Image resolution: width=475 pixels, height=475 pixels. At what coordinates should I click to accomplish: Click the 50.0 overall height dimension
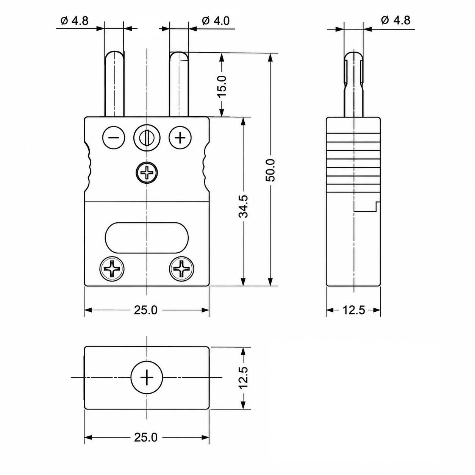click(271, 170)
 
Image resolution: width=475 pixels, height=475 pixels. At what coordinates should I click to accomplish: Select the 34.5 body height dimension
click(243, 206)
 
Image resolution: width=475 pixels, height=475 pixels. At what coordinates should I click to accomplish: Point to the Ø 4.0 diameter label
click(216, 21)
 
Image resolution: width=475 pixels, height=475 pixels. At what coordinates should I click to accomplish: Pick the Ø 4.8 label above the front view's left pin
click(75, 21)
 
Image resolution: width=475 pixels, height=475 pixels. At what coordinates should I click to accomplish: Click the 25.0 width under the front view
click(146, 310)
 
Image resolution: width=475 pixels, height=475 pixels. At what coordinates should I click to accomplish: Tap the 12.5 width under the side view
click(354, 310)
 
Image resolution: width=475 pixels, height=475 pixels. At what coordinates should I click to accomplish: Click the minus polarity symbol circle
click(114, 137)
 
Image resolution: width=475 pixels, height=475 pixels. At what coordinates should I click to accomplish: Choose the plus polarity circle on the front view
click(180, 137)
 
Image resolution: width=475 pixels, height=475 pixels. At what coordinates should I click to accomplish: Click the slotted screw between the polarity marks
click(147, 137)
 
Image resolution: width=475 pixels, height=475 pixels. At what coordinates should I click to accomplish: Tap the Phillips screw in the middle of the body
click(147, 172)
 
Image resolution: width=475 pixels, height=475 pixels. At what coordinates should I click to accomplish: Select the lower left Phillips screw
click(112, 269)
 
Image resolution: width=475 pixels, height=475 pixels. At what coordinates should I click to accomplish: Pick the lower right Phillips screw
click(182, 269)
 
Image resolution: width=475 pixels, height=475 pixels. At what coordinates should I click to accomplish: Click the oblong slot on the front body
click(147, 238)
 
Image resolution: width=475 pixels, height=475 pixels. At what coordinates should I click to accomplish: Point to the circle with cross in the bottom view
click(147, 377)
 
